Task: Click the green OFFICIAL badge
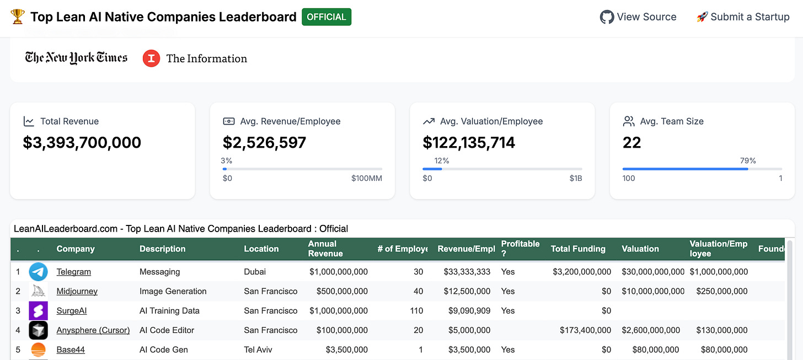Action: tap(326, 17)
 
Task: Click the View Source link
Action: tap(638, 17)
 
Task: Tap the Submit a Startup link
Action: tap(743, 17)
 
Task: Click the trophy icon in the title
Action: tap(18, 17)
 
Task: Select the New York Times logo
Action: tap(76, 58)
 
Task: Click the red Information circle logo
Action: tap(151, 58)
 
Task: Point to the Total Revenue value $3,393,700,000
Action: tap(82, 143)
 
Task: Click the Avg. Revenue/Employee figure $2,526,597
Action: tap(264, 143)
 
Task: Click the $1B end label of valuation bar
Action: tap(576, 178)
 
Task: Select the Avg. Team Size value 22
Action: tap(632, 143)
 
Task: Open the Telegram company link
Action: tap(73, 272)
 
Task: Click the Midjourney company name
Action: tap(77, 291)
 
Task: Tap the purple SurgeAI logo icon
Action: tap(39, 311)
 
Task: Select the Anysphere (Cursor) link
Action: tap(93, 330)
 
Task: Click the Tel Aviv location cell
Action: tap(258, 350)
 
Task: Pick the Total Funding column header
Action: tap(578, 249)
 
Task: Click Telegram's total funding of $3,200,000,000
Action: tap(582, 272)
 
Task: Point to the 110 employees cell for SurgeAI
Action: tap(416, 311)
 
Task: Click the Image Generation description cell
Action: tap(173, 291)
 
